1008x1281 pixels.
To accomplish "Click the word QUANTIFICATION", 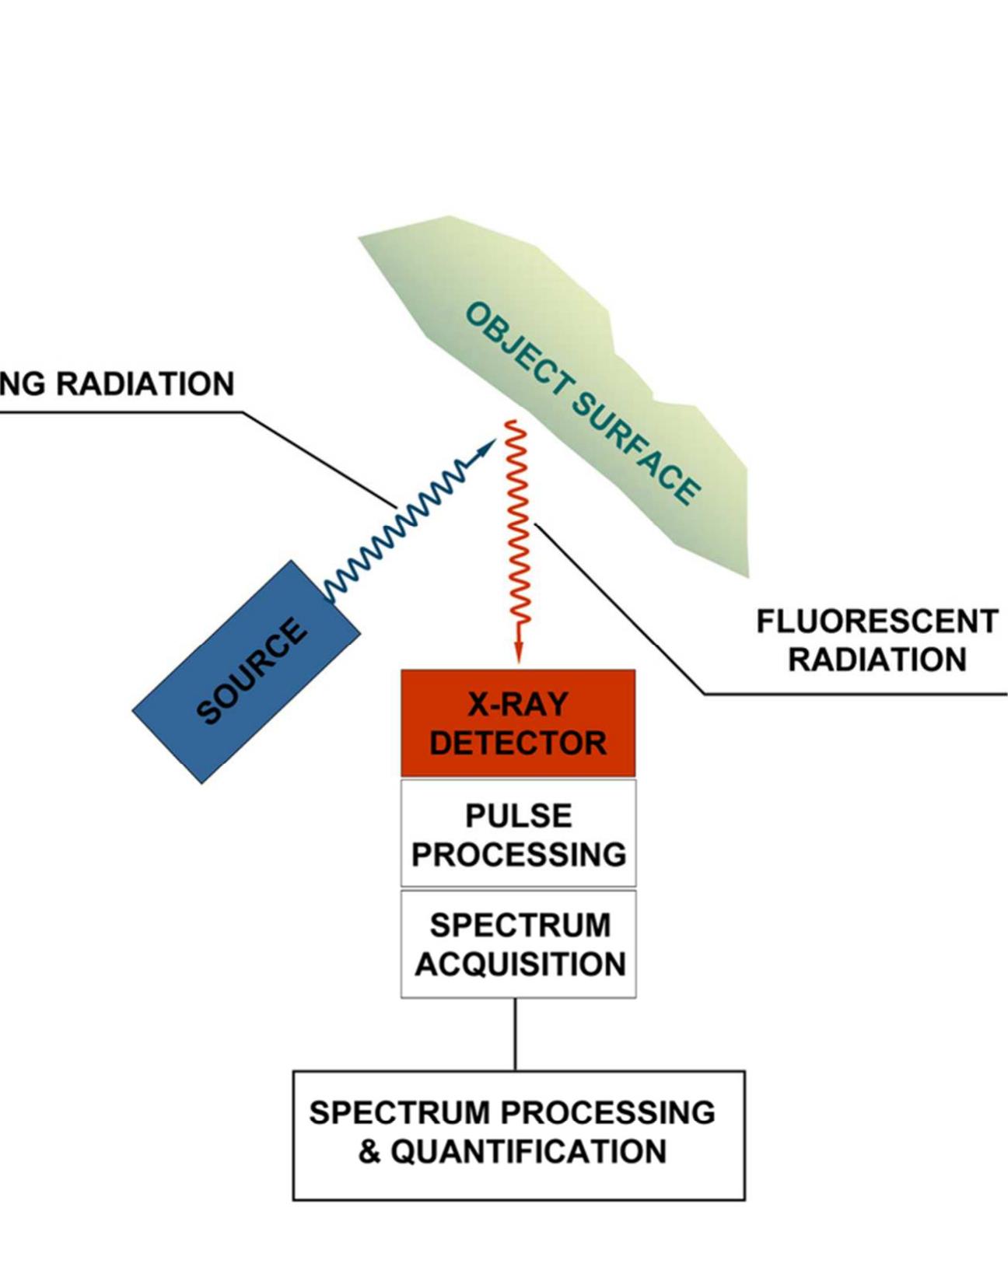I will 528,1152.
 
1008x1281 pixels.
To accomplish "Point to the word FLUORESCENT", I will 877,622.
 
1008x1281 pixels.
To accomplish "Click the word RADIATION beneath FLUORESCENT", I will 877,660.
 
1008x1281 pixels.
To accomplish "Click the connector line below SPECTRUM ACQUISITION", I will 515,1034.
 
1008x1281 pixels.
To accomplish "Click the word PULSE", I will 518,817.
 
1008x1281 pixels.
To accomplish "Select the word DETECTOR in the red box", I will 518,743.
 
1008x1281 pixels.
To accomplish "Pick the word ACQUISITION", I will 520,965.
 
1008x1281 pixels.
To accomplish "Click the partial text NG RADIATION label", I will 117,384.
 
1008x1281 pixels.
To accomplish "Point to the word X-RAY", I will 518,705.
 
